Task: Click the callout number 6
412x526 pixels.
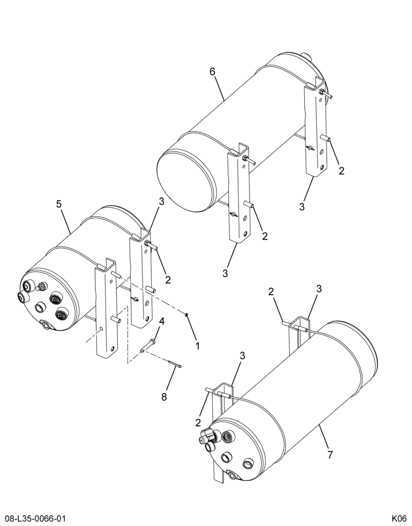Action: (x=212, y=72)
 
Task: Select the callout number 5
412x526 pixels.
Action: (x=59, y=204)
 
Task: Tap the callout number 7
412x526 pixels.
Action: (x=330, y=455)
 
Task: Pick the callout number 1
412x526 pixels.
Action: (x=198, y=346)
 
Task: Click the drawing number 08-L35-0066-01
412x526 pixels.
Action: (x=33, y=518)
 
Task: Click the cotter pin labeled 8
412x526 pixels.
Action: (x=175, y=363)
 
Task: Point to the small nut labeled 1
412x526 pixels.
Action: (x=187, y=315)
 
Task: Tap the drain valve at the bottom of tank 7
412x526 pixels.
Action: (x=231, y=474)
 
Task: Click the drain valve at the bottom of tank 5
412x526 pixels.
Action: (x=45, y=325)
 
